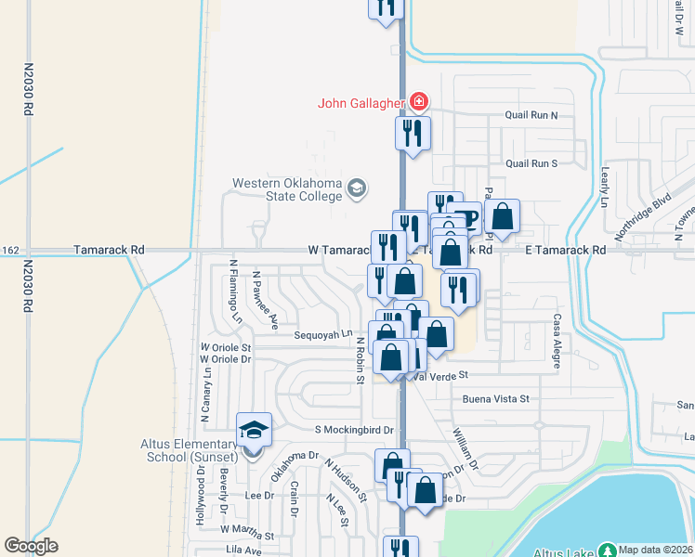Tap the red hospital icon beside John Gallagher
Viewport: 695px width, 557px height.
point(420,101)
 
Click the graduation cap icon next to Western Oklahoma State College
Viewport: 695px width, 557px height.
point(356,190)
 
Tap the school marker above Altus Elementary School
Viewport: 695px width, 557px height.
point(254,429)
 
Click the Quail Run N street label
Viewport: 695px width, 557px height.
point(531,116)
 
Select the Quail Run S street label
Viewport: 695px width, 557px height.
point(531,163)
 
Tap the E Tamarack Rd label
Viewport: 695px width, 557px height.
point(565,250)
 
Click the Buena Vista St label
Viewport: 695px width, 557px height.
point(495,399)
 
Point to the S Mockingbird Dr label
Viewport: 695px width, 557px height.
point(355,430)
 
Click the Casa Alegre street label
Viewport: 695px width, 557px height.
point(557,340)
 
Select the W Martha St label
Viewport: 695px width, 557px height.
point(246,536)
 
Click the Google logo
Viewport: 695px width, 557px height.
point(32,546)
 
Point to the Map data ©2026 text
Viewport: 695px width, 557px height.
point(656,550)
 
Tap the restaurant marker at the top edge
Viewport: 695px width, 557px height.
point(386,7)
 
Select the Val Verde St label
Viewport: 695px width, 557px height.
point(442,376)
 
